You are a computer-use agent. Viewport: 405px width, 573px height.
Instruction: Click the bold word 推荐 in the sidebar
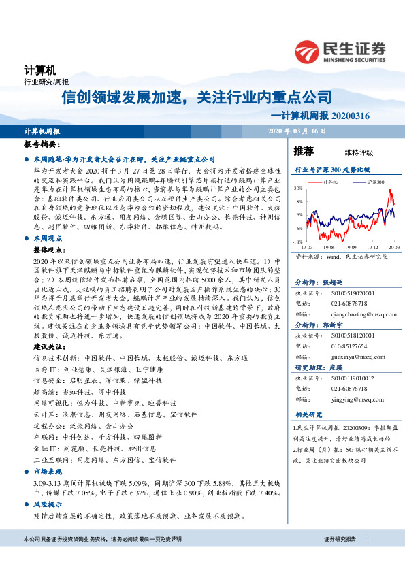[x=304, y=151]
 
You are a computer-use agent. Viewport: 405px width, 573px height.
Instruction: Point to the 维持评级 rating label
[x=349, y=152]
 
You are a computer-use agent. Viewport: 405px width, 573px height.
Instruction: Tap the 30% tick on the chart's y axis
[x=297, y=189]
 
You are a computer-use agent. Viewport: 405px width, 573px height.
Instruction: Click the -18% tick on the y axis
[x=297, y=242]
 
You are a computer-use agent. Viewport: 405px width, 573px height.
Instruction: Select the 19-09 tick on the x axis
[x=351, y=247]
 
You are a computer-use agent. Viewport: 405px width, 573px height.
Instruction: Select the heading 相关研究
[x=308, y=414]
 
